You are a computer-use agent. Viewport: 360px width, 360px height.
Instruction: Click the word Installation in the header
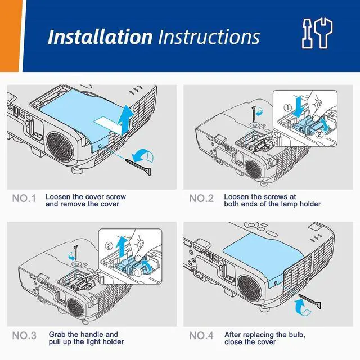[x=100, y=37]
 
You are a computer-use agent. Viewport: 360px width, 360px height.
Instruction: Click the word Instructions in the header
[x=209, y=37]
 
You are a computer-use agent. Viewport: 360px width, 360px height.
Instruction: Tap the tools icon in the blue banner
[x=317, y=33]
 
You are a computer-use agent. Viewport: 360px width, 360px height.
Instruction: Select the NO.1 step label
[x=24, y=199]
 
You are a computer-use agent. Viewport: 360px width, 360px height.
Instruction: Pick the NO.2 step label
[x=201, y=199]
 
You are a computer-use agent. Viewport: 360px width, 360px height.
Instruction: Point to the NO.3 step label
[x=24, y=336]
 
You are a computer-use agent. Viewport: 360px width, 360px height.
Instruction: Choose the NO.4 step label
[x=201, y=336]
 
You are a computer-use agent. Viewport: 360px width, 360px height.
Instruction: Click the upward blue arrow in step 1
[x=125, y=119]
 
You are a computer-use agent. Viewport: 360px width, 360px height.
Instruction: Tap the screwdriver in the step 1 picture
[x=139, y=167]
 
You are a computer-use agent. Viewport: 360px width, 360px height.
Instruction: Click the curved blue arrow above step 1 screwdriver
[x=143, y=154]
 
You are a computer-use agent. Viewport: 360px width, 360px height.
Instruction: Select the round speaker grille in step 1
[x=60, y=146]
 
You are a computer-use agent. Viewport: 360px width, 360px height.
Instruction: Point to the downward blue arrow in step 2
[x=299, y=107]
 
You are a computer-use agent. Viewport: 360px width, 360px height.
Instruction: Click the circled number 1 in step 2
[x=288, y=107]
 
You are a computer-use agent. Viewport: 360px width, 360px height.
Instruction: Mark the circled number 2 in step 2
[x=320, y=134]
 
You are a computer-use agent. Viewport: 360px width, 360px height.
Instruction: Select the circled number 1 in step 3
[x=138, y=272]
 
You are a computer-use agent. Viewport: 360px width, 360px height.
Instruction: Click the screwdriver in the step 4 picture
[x=310, y=301]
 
